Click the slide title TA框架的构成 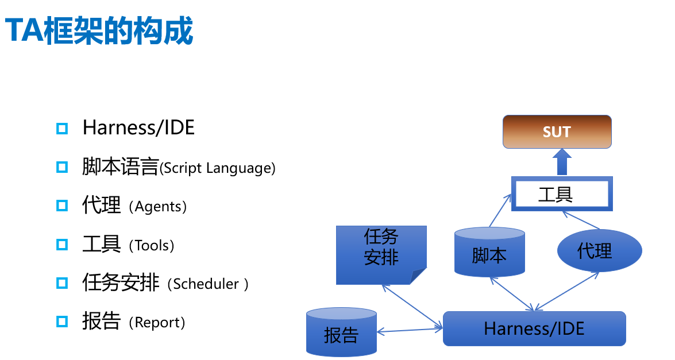[x=99, y=31]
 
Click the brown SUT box [x=557, y=131]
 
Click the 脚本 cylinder [x=489, y=253]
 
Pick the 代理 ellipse [x=599, y=251]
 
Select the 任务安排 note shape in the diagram [x=381, y=254]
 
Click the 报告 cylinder [x=341, y=333]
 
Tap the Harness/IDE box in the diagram [x=534, y=328]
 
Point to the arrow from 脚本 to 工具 [x=500, y=210]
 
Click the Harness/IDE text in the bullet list [x=138, y=127]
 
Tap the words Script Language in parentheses [x=218, y=168]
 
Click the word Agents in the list [x=158, y=207]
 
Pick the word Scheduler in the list [x=206, y=284]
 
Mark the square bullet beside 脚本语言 [x=62, y=167]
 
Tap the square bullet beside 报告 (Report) [x=62, y=322]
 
